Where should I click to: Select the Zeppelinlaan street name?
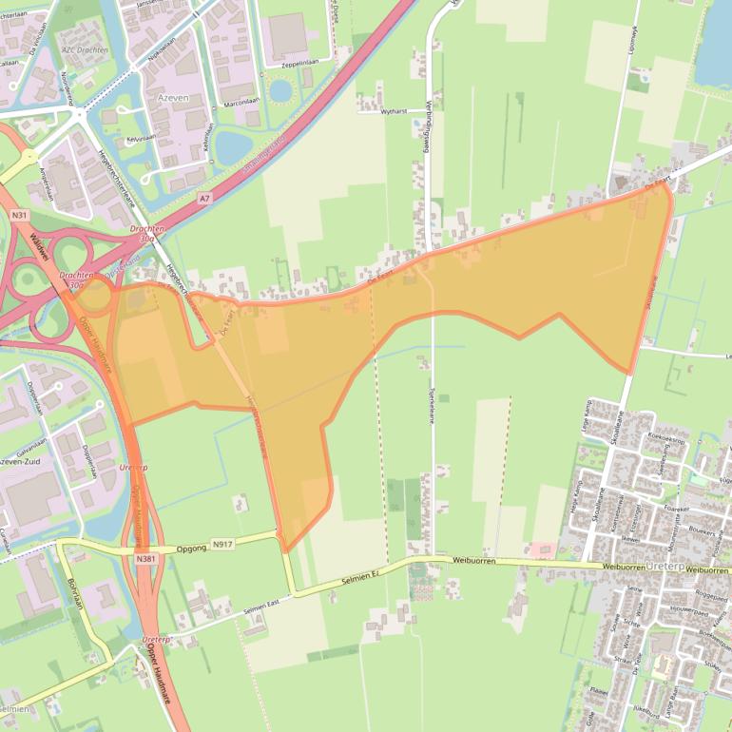tap(305, 65)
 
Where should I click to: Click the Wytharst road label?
tap(393, 111)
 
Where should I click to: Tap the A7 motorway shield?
tap(204, 198)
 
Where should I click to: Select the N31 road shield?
tap(18, 216)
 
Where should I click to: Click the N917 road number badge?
tap(222, 544)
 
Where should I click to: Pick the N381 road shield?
tap(144, 559)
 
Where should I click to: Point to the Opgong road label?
tap(191, 549)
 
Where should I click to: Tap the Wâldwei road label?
tap(26, 250)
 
